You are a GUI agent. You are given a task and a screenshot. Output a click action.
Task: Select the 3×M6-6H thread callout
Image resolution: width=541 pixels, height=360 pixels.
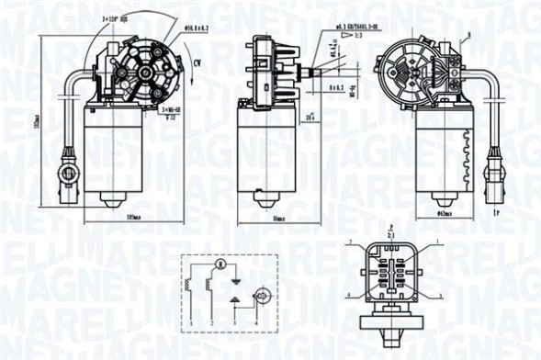coord(170,110)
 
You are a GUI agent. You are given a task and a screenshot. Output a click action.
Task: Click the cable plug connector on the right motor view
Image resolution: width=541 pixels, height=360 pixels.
coord(494,169)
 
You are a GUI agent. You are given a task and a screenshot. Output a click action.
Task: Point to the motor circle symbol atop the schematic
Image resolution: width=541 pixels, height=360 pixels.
coord(218,264)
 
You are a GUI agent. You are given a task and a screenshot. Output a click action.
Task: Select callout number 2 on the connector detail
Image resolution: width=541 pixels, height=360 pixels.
coord(350,241)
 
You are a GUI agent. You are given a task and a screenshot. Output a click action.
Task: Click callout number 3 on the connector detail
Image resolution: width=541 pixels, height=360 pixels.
coord(439,296)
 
